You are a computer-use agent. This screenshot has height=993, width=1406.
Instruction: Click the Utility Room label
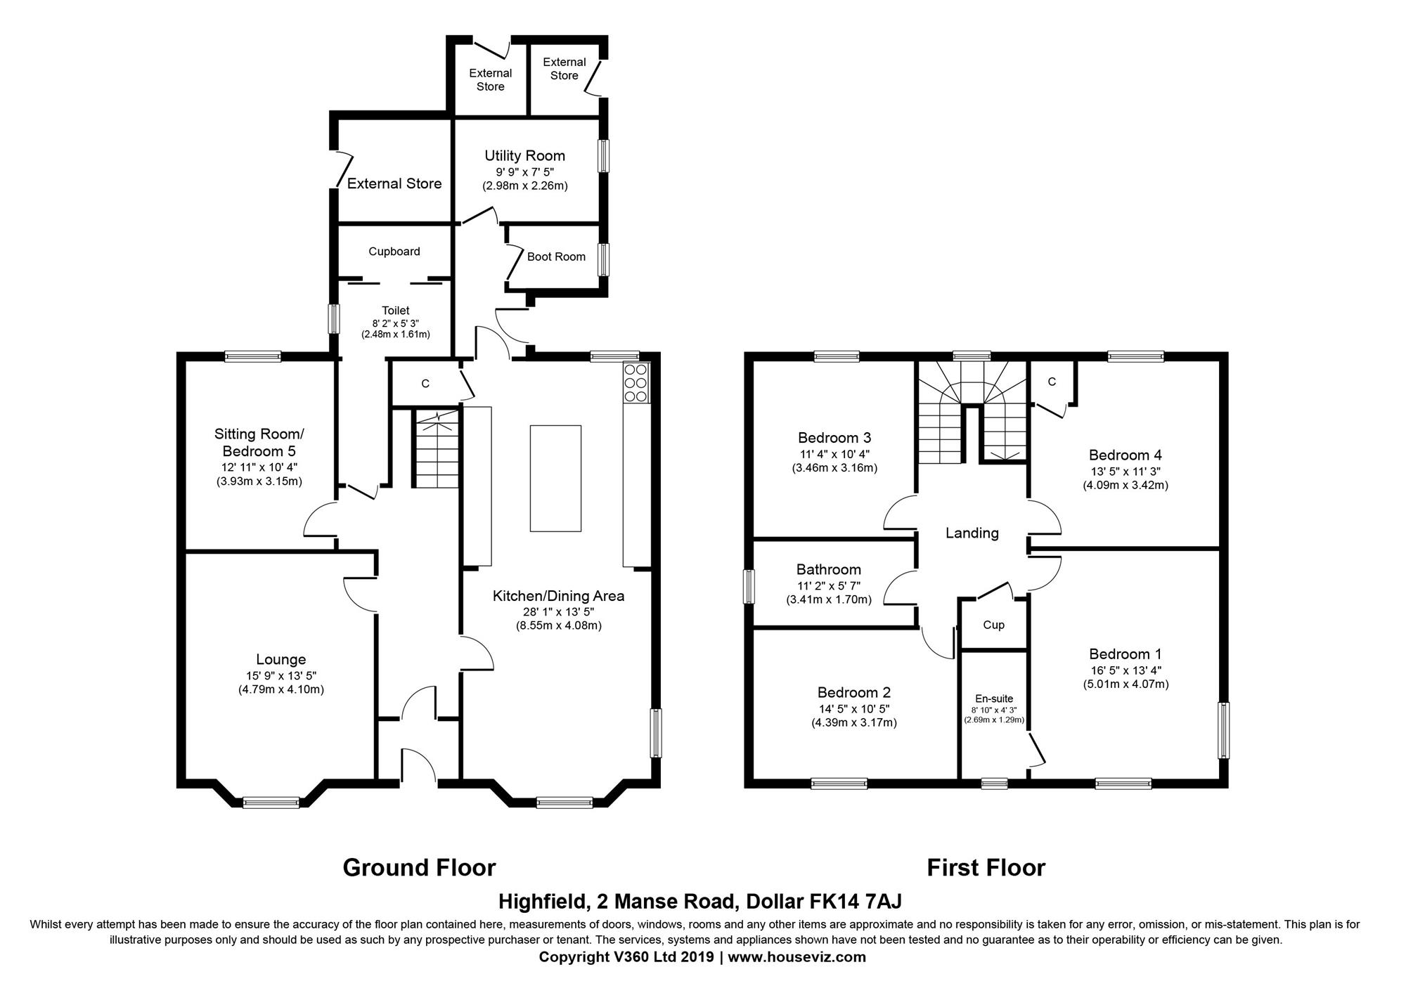(524, 155)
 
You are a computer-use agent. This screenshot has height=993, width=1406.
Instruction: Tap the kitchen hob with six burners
(636, 383)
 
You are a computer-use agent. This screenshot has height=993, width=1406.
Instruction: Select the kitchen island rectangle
(555, 478)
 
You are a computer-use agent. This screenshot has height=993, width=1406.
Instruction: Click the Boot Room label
(556, 257)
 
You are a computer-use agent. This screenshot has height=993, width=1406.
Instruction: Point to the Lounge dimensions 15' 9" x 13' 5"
(280, 675)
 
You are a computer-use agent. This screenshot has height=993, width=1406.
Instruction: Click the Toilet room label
(395, 310)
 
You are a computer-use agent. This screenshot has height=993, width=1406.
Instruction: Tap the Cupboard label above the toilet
(394, 252)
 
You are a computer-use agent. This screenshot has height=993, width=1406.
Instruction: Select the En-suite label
(994, 698)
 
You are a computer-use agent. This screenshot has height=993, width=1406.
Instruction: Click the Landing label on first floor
(972, 533)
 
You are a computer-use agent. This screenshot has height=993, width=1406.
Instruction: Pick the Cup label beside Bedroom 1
(993, 625)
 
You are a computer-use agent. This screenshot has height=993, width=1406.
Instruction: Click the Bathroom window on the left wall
(749, 587)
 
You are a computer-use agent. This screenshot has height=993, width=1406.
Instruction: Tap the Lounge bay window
(271, 802)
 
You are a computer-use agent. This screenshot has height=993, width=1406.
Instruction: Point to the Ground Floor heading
(419, 867)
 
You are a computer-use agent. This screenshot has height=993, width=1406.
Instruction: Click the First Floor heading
(986, 867)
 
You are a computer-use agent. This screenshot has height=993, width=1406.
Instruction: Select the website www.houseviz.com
(796, 956)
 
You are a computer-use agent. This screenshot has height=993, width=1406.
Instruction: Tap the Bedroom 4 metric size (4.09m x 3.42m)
(1125, 485)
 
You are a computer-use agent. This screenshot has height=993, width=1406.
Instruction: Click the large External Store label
(394, 183)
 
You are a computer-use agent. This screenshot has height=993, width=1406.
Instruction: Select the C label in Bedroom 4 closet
(1052, 382)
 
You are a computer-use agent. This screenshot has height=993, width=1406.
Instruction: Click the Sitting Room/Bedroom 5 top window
(253, 357)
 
